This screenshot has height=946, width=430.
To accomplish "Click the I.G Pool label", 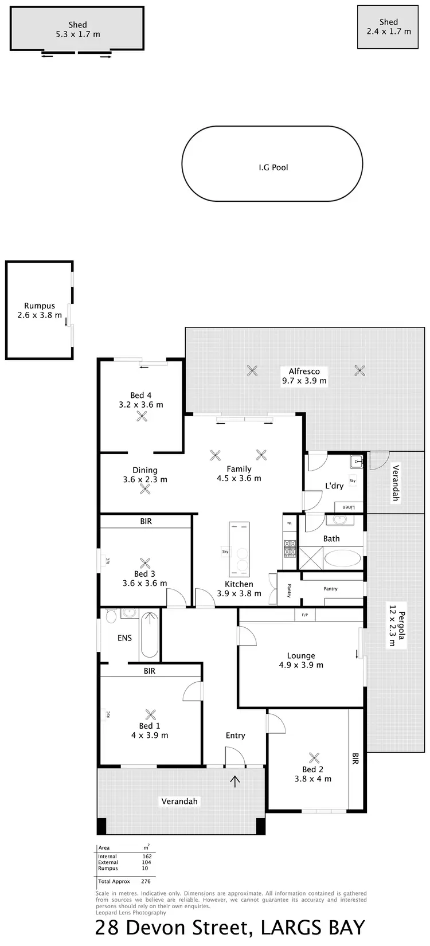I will pyautogui.click(x=273, y=167).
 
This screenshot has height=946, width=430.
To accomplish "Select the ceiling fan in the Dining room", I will pyautogui.click(x=146, y=490).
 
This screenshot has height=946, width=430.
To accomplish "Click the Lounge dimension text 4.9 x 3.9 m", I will pyautogui.click(x=301, y=665).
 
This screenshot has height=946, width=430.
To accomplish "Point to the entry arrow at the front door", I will pyautogui.click(x=236, y=780).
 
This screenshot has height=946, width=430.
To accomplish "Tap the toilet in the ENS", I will pyautogui.click(x=111, y=616).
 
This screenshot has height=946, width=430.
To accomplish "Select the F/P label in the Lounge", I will pyautogui.click(x=305, y=615).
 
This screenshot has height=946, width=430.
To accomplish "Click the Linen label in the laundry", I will pyautogui.click(x=349, y=507).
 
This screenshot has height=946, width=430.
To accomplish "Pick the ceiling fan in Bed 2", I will pyautogui.click(x=313, y=757).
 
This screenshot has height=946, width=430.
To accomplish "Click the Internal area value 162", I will pyautogui.click(x=147, y=857).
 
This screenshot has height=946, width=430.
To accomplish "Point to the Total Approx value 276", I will pyautogui.click(x=145, y=881).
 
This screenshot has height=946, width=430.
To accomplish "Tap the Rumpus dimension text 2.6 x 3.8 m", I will pyautogui.click(x=40, y=315).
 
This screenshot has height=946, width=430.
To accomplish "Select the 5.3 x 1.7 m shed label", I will pyautogui.click(x=78, y=34).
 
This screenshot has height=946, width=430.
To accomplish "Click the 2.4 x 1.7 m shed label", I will pyautogui.click(x=389, y=32).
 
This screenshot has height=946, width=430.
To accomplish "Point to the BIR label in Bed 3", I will pyautogui.click(x=146, y=521).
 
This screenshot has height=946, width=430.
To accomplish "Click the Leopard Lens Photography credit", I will pyautogui.click(x=131, y=913).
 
